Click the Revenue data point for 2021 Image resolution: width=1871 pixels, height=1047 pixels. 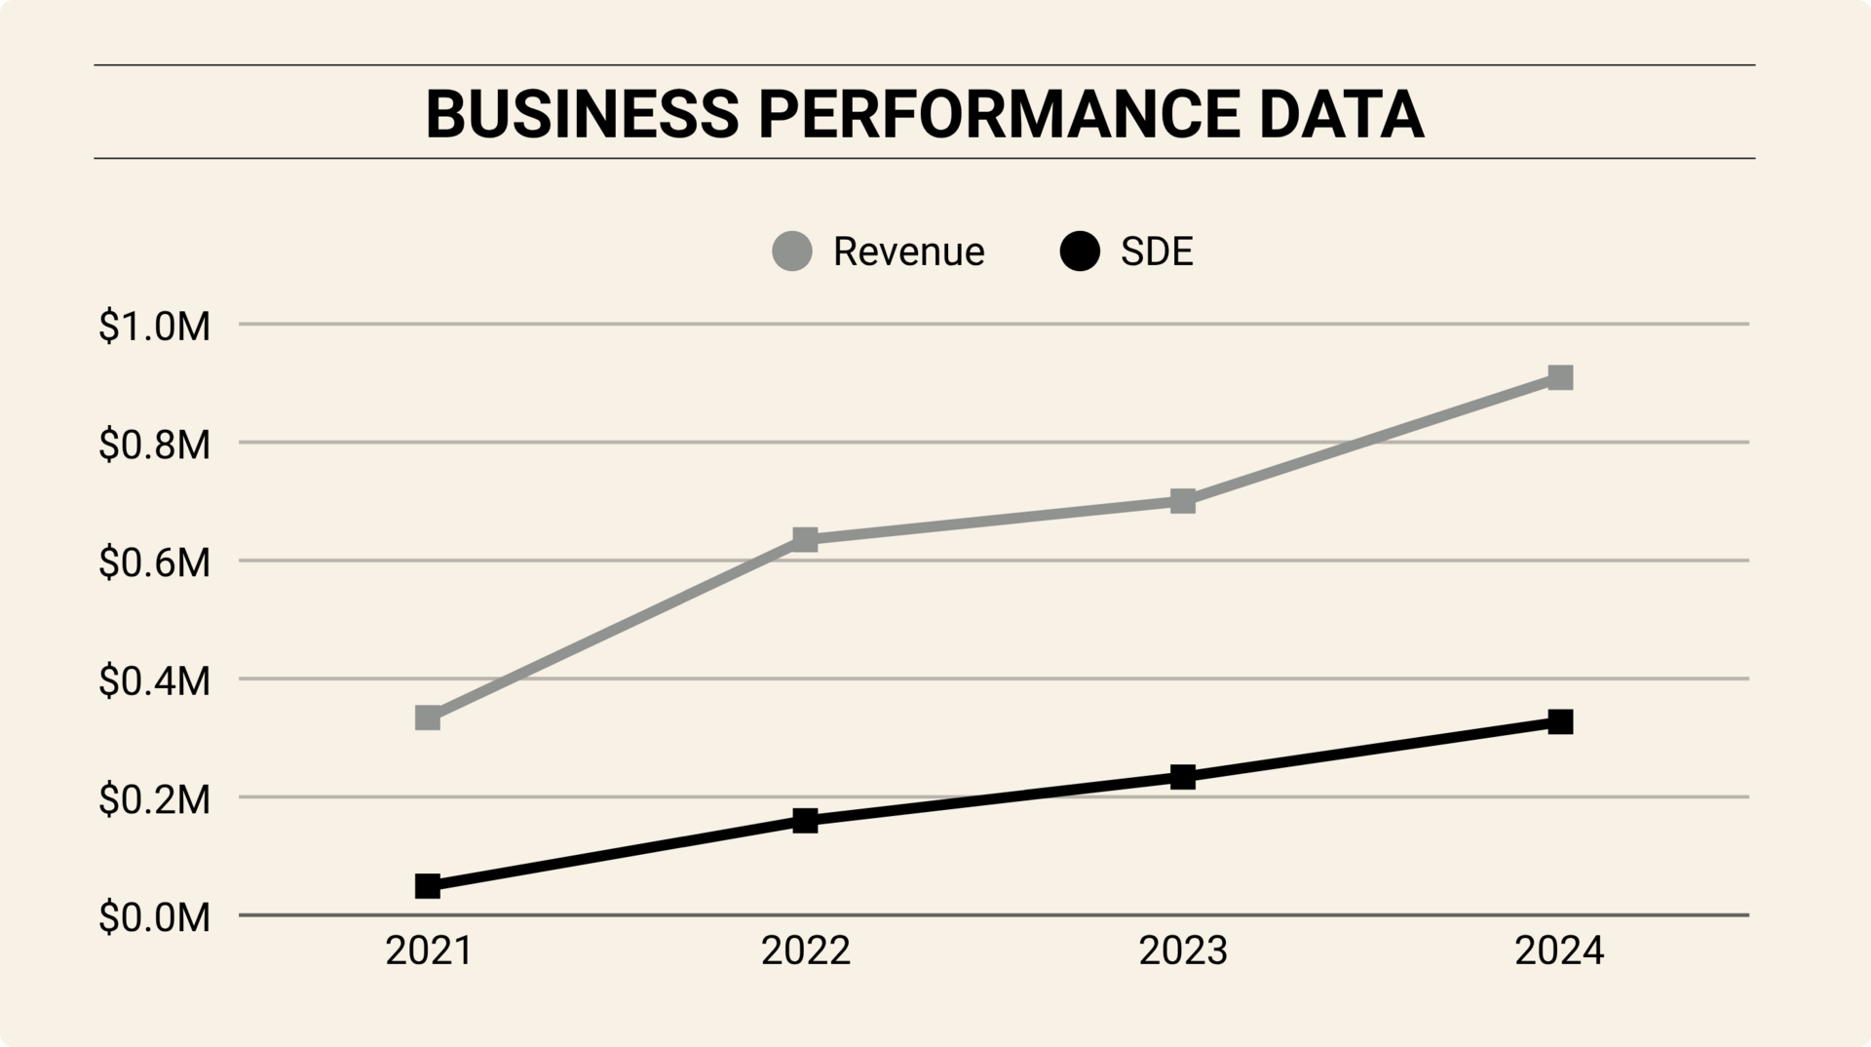pos(428,718)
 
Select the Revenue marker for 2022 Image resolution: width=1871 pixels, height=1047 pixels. pos(805,539)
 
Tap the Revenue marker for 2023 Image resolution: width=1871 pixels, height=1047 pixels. pos(1183,502)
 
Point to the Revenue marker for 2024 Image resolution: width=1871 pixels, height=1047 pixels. pos(1560,377)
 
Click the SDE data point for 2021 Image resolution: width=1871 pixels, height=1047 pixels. pos(428,886)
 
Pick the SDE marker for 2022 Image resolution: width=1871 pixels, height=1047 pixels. pos(805,820)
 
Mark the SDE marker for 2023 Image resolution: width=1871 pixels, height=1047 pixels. pos(1183,777)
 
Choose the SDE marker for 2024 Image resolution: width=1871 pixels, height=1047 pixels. pos(1560,722)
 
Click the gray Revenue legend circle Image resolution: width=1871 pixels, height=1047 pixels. pos(792,252)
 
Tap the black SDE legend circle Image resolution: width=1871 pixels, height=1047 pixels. pos(1080,252)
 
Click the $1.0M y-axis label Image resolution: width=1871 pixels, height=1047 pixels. pos(155,327)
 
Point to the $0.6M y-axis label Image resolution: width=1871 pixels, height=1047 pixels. pos(155,563)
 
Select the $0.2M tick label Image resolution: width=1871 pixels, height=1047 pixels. pos(155,800)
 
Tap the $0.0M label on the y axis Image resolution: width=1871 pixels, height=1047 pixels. pos(155,918)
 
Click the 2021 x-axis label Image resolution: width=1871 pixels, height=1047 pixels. pos(429,951)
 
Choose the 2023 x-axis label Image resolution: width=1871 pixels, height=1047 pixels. pos(1183,951)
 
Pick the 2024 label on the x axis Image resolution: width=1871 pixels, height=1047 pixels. pos(1559,951)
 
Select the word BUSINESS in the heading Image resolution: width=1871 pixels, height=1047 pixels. pos(583,114)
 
